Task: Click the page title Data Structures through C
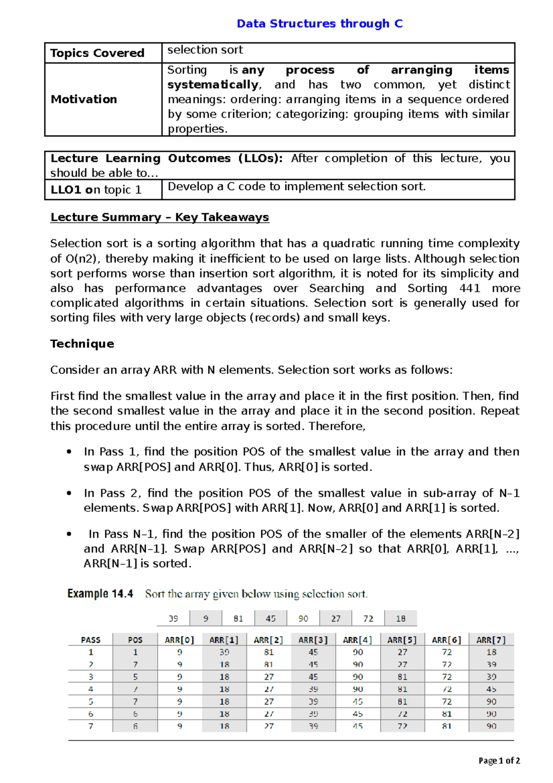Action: tap(319, 24)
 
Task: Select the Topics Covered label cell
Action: tap(97, 53)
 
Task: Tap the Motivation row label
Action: tap(84, 99)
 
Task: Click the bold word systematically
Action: tap(213, 84)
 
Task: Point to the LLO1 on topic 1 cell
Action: tap(96, 190)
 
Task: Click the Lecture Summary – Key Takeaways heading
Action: tap(159, 217)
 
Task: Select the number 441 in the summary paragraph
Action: tap(470, 288)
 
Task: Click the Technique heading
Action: tap(82, 344)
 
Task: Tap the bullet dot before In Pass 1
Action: tap(69, 452)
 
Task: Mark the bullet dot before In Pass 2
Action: tap(69, 493)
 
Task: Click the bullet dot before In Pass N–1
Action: tap(69, 534)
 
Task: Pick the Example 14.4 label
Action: tap(100, 593)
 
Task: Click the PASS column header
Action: tap(90, 640)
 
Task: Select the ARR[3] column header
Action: tap(313, 640)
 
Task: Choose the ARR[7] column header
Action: tap(491, 640)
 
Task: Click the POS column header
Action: tap(135, 640)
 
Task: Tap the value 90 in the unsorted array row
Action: tap(303, 618)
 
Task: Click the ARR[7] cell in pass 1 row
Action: tap(491, 652)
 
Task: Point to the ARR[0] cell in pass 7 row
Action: tap(180, 726)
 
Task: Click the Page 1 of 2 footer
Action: tap(499, 761)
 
